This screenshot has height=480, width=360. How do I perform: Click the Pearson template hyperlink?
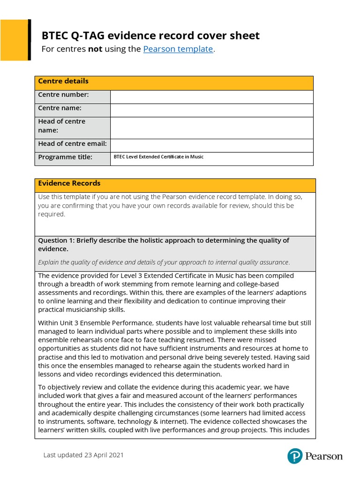pyautogui.click(x=178, y=49)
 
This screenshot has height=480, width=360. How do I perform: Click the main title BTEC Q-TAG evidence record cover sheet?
pyautogui.click(x=150, y=36)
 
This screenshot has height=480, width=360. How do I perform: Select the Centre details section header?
pyautogui.click(x=63, y=82)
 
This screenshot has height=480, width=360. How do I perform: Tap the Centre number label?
pyautogui.click(x=63, y=95)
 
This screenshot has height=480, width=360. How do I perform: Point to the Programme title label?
pyautogui.click(x=65, y=157)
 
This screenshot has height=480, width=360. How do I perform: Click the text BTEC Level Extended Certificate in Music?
pyautogui.click(x=158, y=157)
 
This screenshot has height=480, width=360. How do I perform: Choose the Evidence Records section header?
pyautogui.click(x=69, y=183)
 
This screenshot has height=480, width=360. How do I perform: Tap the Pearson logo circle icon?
pyautogui.click(x=294, y=456)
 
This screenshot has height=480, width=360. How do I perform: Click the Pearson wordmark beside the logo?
pyautogui.click(x=323, y=456)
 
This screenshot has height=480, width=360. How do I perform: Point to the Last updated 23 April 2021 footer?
pyautogui.click(x=84, y=455)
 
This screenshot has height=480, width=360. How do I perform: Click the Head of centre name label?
pyautogui.click(x=61, y=126)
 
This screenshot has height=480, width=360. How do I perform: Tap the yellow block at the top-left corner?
pyautogui.click(x=14, y=39)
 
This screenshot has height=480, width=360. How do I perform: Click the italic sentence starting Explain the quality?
pyautogui.click(x=164, y=262)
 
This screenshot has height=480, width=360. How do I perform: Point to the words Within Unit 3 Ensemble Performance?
pyautogui.click(x=96, y=323)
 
